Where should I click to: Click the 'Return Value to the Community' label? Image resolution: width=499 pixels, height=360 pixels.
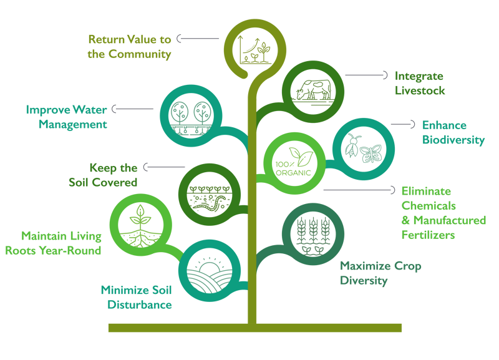pos(129,47)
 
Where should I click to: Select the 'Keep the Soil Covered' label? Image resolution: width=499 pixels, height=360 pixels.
pos(104,175)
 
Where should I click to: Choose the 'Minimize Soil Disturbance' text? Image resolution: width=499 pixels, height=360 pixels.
pos(136,297)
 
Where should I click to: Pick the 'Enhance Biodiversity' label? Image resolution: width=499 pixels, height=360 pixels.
pos(453,132)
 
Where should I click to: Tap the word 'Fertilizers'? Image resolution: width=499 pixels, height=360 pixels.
pos(428,235)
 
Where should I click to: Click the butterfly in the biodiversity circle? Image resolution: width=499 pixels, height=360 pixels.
pos(371,152)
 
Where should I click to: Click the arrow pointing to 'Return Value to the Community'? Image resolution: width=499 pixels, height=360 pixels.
pos(197,39)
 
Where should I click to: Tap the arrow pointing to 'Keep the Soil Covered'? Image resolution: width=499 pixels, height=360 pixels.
pos(163,167)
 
